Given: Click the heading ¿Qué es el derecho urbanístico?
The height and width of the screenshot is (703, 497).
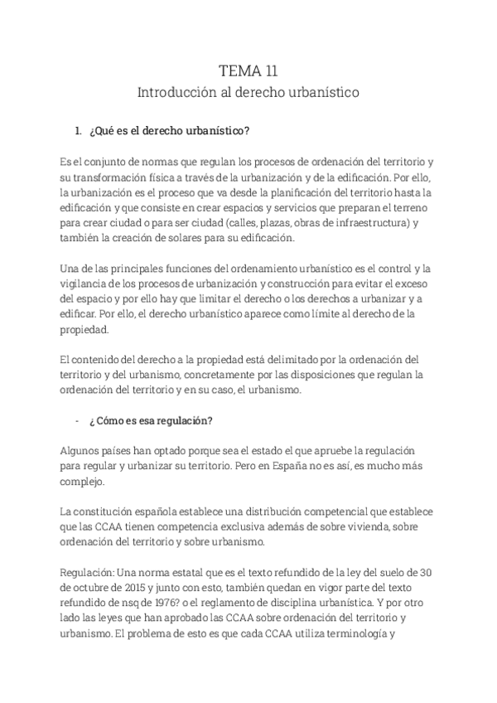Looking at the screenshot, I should pyautogui.click(x=169, y=131).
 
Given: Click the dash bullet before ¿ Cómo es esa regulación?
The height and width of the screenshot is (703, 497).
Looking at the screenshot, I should pyautogui.click(x=77, y=420).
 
